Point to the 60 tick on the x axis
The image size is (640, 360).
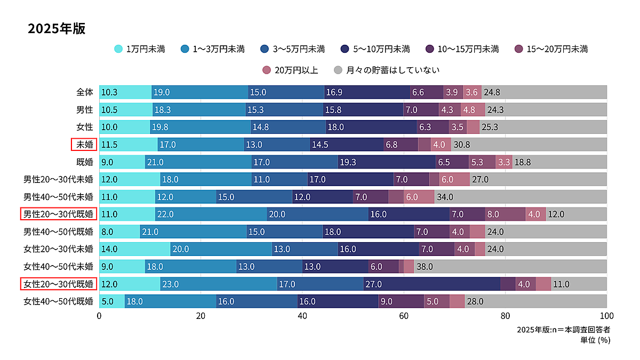point(404,316)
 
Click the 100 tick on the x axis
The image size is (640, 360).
point(606,316)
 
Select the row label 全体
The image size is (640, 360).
point(85,92)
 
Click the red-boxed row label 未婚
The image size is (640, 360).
point(84,145)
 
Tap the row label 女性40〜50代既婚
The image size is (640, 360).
point(59,301)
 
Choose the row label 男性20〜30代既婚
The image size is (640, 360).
point(59,214)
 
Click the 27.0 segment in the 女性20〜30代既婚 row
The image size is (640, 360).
point(432,284)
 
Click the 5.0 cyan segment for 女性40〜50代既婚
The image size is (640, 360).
point(112,301)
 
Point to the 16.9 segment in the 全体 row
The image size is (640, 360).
point(367,92)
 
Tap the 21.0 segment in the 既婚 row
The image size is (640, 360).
point(198,162)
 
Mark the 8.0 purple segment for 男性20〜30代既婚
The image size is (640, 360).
point(505,214)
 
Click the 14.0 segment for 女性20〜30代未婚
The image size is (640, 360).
point(134,249)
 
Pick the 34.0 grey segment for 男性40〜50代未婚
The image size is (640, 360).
point(521,197)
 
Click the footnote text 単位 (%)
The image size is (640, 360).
point(595,340)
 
